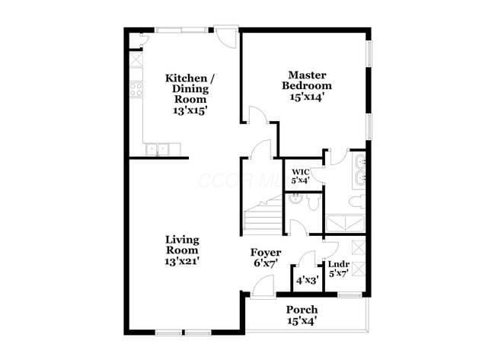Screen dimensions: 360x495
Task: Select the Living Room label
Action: click(183, 250)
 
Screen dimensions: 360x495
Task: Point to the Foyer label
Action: click(266, 257)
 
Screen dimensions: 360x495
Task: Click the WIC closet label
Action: click(299, 176)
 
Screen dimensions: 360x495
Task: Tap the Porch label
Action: click(302, 314)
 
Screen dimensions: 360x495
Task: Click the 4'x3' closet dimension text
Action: click(308, 279)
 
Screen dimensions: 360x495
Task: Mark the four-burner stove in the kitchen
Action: click(136, 89)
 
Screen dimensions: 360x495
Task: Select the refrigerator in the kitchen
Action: click(136, 59)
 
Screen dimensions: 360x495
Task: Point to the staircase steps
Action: click(263, 217)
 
